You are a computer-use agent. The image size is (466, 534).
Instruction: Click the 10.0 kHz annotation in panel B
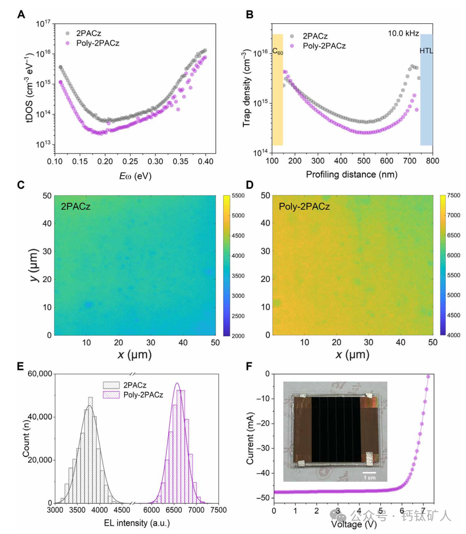(404, 33)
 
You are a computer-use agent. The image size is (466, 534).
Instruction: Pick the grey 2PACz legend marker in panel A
(67, 33)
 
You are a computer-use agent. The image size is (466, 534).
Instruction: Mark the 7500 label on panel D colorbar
(455, 196)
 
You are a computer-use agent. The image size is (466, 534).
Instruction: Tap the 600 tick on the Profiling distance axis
(387, 162)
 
